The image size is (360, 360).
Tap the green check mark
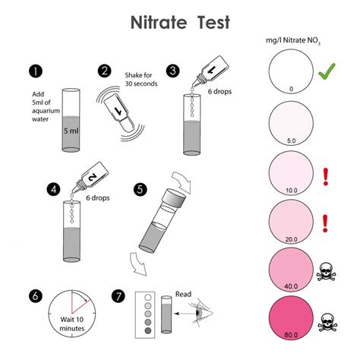tap(327, 74)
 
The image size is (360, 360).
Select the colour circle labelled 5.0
tap(291, 122)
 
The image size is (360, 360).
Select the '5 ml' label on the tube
tap(72, 130)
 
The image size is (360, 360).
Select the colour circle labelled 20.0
tap(291, 220)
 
